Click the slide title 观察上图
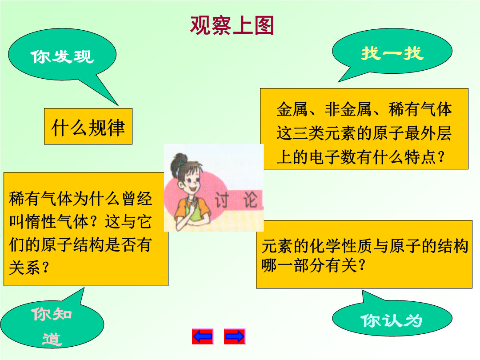(232, 25)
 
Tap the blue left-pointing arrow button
(202, 336)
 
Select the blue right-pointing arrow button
(235, 336)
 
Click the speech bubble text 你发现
(62, 56)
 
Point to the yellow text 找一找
(392, 53)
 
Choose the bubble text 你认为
(392, 320)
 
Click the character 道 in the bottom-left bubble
(52, 339)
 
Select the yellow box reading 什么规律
(88, 126)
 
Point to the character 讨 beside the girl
(222, 200)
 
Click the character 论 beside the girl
(251, 200)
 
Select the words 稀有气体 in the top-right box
(420, 109)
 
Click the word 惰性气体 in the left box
(57, 221)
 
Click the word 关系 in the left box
(25, 268)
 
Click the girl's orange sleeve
(204, 208)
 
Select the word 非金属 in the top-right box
(348, 109)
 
